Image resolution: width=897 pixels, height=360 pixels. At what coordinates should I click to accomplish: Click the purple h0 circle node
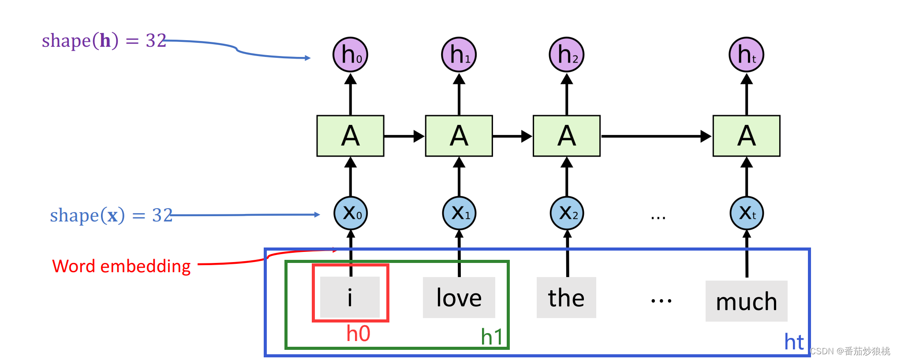350,55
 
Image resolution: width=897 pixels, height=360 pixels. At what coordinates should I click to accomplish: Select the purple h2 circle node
567,55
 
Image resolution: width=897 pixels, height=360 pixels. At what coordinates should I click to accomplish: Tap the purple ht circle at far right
746,55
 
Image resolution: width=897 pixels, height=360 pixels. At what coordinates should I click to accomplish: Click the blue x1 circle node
459,214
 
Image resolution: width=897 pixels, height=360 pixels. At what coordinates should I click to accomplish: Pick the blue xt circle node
746,214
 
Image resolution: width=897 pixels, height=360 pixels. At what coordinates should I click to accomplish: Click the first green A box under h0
350,136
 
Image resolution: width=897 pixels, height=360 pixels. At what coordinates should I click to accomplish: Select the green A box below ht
746,136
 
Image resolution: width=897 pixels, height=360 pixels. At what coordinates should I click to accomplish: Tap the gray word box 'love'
459,297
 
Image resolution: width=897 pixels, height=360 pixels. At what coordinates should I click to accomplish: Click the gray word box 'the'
566,297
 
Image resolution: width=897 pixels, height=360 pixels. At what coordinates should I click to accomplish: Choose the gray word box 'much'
746,301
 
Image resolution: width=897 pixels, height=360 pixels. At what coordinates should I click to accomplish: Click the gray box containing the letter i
350,297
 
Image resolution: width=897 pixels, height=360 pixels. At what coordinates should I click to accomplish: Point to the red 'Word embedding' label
121,266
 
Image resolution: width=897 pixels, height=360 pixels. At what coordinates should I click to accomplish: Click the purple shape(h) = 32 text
104,41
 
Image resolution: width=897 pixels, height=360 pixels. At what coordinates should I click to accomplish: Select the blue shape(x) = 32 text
111,215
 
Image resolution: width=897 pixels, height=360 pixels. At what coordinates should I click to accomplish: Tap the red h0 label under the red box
358,334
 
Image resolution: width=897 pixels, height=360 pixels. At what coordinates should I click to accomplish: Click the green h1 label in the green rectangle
492,337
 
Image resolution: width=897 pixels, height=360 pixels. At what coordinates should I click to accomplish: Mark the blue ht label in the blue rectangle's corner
794,342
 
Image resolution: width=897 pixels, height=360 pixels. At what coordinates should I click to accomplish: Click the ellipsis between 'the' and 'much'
661,301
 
